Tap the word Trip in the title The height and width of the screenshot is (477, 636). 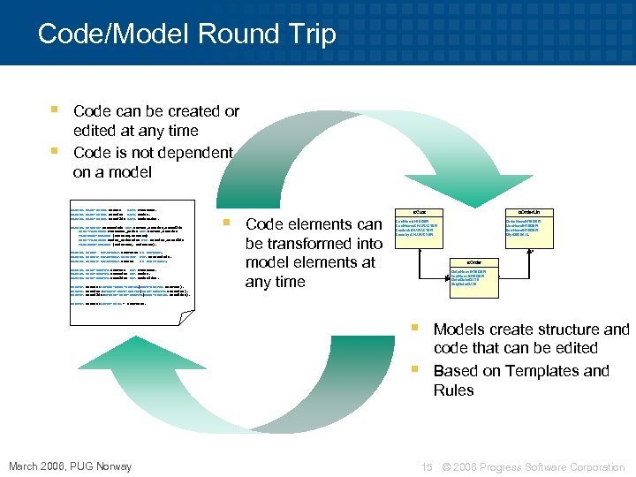pyautogui.click(x=310, y=34)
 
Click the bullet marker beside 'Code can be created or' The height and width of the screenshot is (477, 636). pyautogui.click(x=55, y=111)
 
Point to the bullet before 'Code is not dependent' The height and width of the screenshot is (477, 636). pyautogui.click(x=55, y=152)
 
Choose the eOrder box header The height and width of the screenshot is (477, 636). pyautogui.click(x=474, y=262)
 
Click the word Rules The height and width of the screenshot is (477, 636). pyautogui.click(x=454, y=390)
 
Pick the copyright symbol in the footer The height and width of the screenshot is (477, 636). pyautogui.click(x=446, y=466)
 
